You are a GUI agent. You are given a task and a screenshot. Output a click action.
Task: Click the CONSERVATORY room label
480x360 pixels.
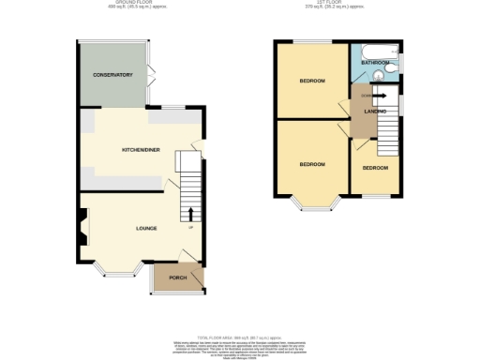(x=112, y=75)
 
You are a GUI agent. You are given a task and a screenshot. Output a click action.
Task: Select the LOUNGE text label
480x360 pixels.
(x=145, y=228)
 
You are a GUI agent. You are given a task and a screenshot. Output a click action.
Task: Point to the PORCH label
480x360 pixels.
(x=177, y=278)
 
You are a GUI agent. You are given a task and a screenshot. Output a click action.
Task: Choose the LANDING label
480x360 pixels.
(x=376, y=112)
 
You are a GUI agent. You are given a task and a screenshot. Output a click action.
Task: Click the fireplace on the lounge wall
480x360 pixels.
(x=84, y=224)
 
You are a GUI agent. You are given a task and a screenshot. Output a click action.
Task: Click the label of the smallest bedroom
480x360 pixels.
(x=375, y=168)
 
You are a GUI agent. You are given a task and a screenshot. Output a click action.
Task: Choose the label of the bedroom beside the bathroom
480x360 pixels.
(x=311, y=81)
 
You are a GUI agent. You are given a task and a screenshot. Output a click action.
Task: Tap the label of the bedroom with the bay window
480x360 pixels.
(x=311, y=164)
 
